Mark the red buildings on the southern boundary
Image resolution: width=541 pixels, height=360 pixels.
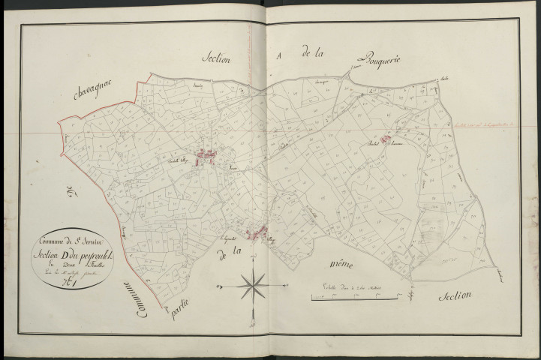[x=263, y=233]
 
